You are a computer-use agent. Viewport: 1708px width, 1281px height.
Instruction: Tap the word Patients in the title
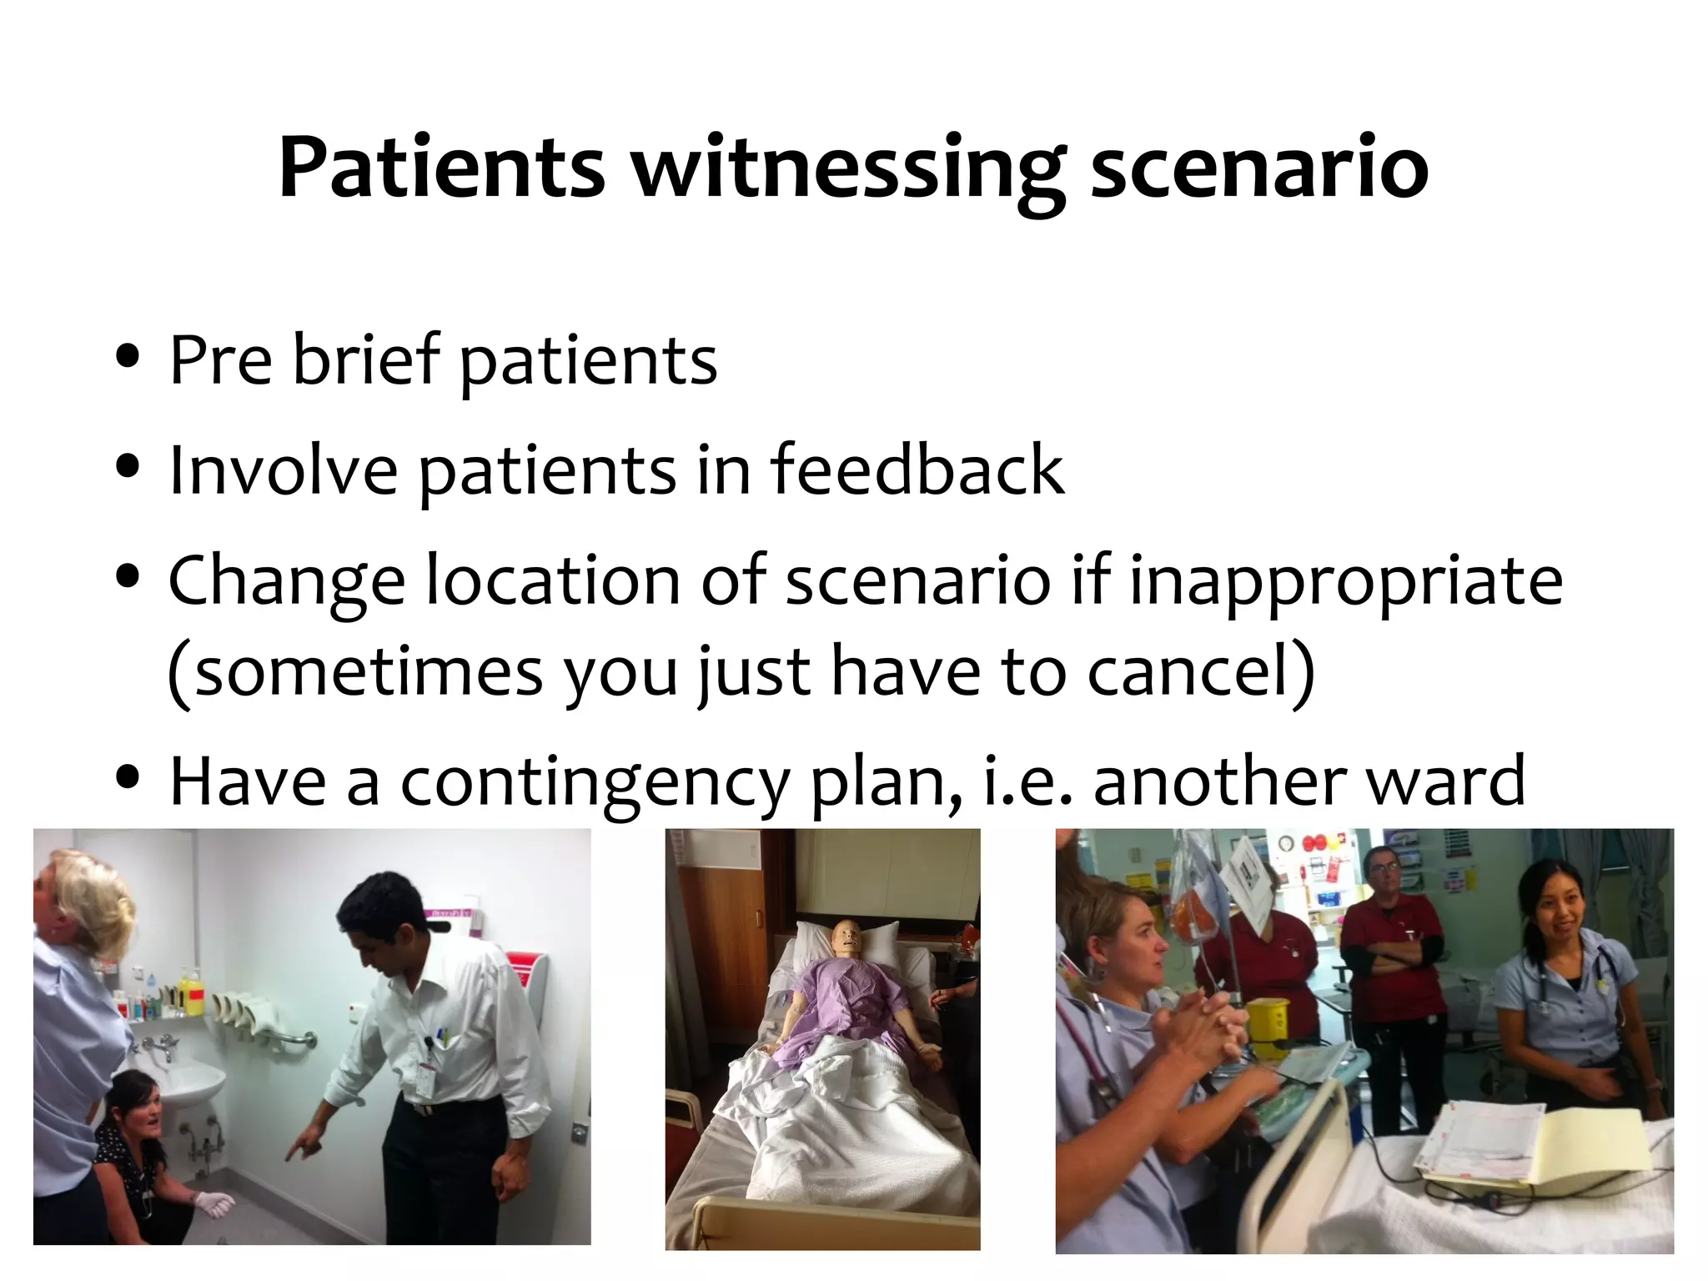pos(441,169)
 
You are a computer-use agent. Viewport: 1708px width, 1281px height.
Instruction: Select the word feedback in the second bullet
pos(917,470)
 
